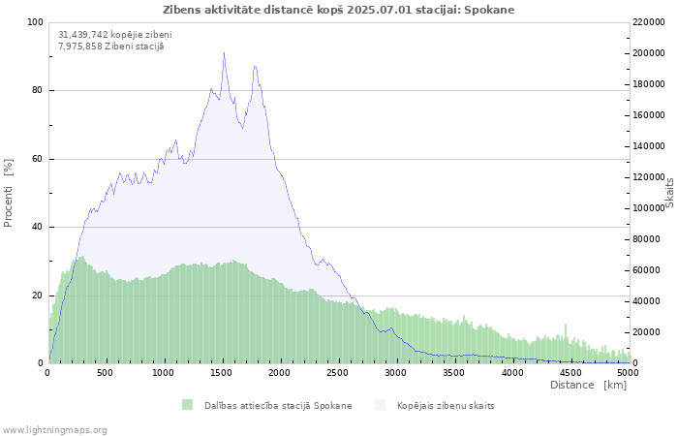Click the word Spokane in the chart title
pos(489,10)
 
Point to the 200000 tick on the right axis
pos(648,53)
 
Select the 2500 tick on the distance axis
pos(337,373)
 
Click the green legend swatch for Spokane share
pos(187,405)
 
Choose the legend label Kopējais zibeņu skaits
pos(446,406)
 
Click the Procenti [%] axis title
pos(8,193)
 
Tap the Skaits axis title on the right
pos(670,193)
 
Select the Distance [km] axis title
pos(588,385)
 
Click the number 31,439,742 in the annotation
pos(82,35)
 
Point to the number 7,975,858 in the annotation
pos(78,47)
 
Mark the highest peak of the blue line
pos(224,52)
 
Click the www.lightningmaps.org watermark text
pos(54,430)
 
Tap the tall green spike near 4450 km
pos(565,343)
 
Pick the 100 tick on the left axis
pos(36,22)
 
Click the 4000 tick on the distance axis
pos(512,373)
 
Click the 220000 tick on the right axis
pos(648,22)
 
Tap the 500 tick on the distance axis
pos(105,373)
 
